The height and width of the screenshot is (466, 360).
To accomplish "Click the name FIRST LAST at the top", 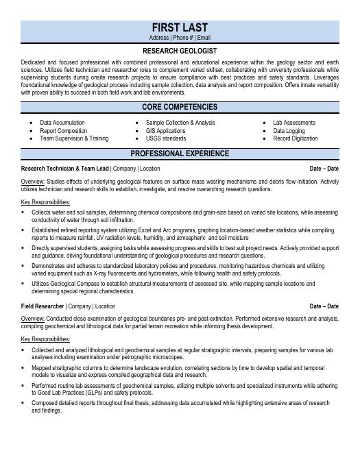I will coord(180,27).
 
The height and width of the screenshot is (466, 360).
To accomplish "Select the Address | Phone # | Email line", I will coord(180,38).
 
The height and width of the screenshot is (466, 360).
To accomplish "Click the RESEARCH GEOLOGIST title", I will coord(180,51).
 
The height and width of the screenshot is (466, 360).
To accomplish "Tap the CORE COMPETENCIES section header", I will coord(180,107).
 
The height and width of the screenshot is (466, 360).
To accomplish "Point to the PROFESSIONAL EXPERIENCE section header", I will coord(180,154).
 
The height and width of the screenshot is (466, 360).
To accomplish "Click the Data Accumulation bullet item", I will coord(62,123).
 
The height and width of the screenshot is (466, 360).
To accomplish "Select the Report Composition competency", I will coord(63,130).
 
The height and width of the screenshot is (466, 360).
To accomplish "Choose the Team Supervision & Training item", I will coord(74,138).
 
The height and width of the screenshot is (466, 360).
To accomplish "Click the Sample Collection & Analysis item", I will coord(180,123).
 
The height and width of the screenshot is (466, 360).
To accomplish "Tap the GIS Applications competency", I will coord(165,130).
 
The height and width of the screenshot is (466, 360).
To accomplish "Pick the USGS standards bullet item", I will coord(165,138).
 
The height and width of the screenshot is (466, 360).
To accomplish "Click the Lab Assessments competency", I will coord(294,123).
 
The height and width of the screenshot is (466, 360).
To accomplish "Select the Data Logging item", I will coord(289,130).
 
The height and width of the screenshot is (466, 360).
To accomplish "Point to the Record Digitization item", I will coord(296,138).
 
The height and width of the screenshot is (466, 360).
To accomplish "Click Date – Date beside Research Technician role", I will coord(324,168).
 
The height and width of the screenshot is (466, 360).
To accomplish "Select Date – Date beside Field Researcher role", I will coord(324,306).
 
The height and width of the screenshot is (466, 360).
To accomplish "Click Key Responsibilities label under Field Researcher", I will coord(45,339).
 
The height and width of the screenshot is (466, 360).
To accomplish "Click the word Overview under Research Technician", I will coord(33,182).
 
